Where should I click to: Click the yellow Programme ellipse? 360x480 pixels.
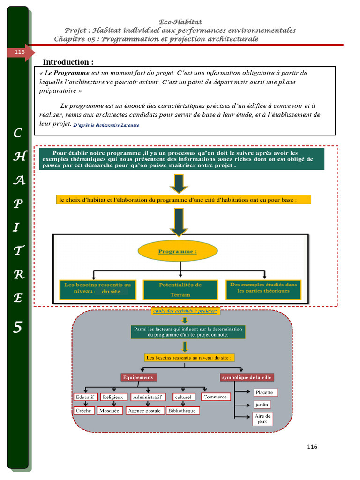tap(178, 251)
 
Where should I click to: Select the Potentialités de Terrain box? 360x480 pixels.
tap(180, 290)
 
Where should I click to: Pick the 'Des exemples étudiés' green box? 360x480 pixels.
tap(263, 290)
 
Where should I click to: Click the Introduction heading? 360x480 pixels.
tap(68, 62)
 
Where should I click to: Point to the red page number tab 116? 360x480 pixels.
tap(20, 52)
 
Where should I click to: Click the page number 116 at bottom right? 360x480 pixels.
tap(312, 447)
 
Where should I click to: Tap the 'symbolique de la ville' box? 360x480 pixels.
tap(247, 377)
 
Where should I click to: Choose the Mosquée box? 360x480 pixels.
tap(110, 410)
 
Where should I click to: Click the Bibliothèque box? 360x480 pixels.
tap(183, 410)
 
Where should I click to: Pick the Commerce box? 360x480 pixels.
tap(215, 397)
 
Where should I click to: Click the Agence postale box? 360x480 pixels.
tap(144, 410)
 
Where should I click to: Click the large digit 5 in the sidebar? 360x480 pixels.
tap(17, 327)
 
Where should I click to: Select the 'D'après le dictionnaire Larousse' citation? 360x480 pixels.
tap(106, 125)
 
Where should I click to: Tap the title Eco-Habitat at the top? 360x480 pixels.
tap(180, 22)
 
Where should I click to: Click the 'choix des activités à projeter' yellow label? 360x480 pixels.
tap(185, 311)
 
